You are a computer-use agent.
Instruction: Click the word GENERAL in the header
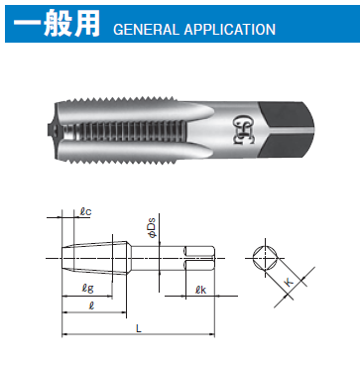pos(147,30)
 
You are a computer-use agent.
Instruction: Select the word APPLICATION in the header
pos(230,30)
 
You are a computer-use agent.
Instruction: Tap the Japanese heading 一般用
pos(57,24)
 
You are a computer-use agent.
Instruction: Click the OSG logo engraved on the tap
pos(244,129)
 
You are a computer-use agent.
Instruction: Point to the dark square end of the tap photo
pos(286,129)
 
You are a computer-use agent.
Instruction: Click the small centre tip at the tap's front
pos(50,129)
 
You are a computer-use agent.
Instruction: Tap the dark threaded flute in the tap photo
pos(127,132)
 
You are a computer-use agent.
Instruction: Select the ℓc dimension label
pos(85,211)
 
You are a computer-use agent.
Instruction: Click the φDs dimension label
pos(152,227)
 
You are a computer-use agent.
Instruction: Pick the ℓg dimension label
pos(87,289)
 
